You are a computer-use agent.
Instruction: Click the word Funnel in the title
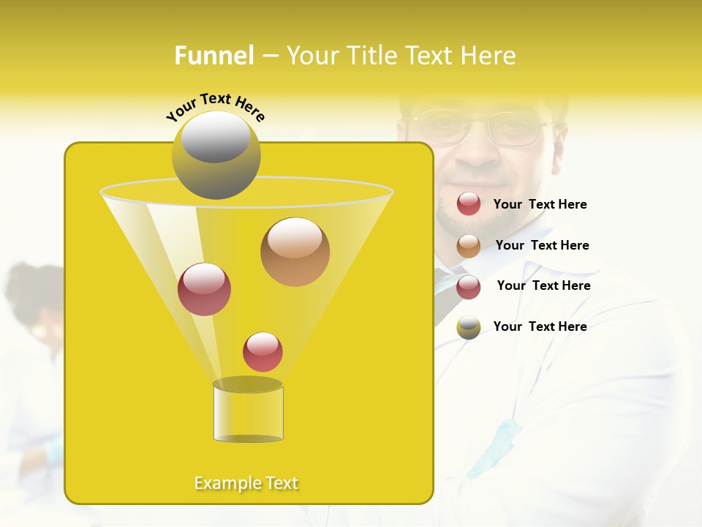coord(214,56)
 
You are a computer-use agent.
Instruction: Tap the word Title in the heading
coord(372,56)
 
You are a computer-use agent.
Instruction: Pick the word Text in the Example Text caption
coord(279,483)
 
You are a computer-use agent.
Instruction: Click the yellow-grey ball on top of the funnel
coord(216,154)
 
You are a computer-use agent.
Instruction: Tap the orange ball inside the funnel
coord(295,252)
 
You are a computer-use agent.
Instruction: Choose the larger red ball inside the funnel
coord(204,289)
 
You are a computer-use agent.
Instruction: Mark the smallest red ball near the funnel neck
coord(263,352)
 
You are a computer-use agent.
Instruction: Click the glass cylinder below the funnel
coord(248,412)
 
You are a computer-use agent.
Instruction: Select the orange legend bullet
coord(469,246)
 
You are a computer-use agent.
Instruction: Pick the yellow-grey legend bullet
coord(469,327)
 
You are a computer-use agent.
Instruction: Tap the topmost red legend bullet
coord(469,204)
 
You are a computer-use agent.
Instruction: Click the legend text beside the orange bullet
coord(542,245)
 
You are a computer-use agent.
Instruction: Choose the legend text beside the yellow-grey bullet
coord(540,326)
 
